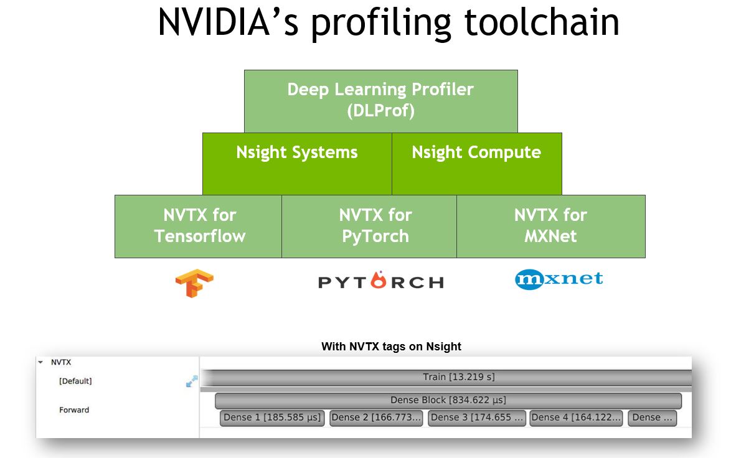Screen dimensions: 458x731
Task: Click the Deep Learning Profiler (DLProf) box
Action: (x=380, y=100)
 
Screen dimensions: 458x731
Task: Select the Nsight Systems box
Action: (x=297, y=163)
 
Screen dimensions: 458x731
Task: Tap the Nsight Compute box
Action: (x=476, y=163)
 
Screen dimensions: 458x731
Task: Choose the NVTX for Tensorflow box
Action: (x=199, y=226)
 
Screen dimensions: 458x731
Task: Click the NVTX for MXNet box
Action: (x=550, y=226)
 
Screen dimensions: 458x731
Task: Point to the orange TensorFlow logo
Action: (x=194, y=283)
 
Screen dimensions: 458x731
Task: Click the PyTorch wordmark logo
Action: (x=380, y=281)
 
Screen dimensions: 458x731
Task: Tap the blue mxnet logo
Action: (x=559, y=279)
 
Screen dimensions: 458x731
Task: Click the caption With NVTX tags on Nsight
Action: (x=391, y=347)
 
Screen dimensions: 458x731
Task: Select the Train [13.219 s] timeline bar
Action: (x=459, y=377)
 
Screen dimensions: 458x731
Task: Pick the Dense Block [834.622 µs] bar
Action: (x=448, y=400)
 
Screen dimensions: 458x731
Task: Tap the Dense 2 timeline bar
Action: (x=376, y=418)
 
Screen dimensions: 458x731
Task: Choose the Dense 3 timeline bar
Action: (x=477, y=418)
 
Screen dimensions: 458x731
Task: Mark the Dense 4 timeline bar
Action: (x=576, y=418)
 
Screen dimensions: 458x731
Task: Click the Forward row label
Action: (x=74, y=410)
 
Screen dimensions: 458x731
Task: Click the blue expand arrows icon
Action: (x=192, y=381)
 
